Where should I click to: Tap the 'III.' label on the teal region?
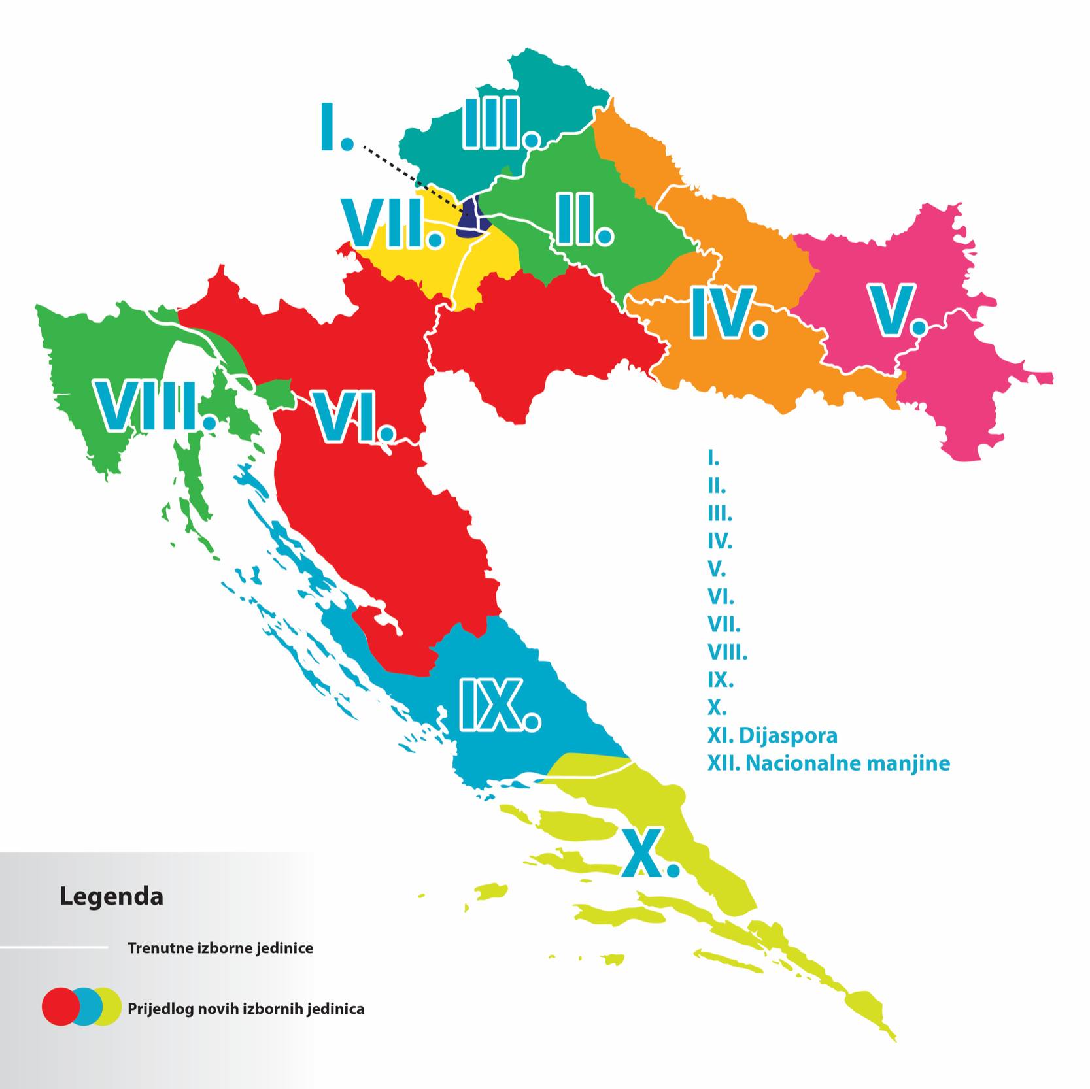point(500,124)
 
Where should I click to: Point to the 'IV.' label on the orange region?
point(728,313)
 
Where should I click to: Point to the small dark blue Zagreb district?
point(472,218)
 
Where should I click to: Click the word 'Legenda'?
point(111,896)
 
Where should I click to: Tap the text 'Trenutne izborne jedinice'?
point(220,948)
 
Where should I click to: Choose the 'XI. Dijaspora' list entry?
point(772,735)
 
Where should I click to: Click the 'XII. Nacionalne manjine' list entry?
point(828,763)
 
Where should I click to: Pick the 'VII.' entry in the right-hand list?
point(723,625)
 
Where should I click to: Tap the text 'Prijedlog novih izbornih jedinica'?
point(246,1009)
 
